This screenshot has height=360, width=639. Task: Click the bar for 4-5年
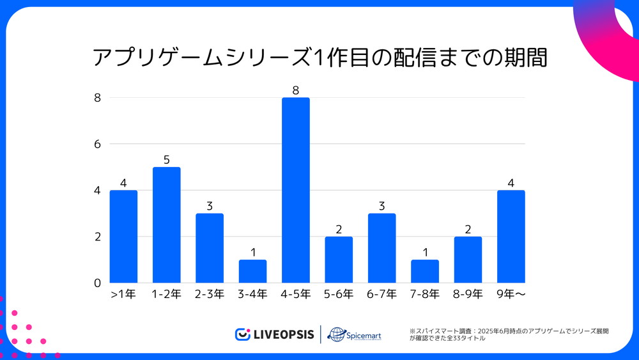(x=296, y=190)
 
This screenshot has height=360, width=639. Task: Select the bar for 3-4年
(x=252, y=271)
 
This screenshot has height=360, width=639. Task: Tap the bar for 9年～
(x=511, y=236)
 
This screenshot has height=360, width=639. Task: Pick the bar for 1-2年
(x=166, y=224)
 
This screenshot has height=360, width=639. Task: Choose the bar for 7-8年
(x=425, y=271)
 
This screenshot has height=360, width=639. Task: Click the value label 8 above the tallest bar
(x=296, y=91)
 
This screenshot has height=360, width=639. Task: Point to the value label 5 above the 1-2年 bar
(x=166, y=160)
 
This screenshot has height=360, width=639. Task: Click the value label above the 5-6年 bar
(x=339, y=230)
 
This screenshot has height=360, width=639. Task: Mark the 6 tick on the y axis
(x=98, y=145)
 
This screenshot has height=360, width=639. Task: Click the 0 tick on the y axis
(x=98, y=283)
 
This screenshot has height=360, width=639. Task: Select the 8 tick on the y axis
(x=98, y=98)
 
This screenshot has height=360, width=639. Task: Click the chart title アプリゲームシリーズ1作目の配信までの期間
(x=319, y=58)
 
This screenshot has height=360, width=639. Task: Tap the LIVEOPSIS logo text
(x=282, y=334)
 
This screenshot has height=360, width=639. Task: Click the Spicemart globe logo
(x=336, y=334)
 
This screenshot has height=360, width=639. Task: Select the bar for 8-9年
(x=468, y=260)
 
